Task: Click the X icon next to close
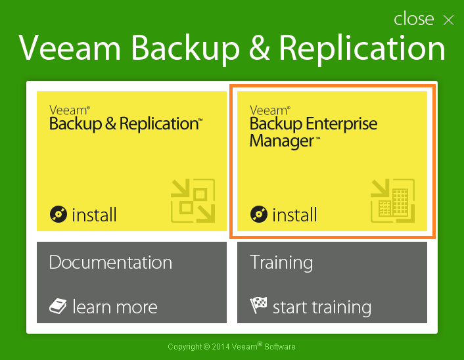448,20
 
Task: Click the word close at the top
413,18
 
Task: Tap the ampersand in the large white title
259,48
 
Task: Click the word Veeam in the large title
70,48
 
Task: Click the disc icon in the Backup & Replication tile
58,214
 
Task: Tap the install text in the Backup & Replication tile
94,214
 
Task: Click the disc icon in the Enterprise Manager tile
259,214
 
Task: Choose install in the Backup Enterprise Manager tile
294,214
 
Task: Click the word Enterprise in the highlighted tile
342,124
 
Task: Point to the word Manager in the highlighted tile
282,141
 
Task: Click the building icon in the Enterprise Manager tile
392,200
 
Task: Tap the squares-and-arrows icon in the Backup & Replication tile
193,200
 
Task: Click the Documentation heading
110,262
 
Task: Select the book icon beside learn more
58,306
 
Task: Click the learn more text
115,307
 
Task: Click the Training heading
281,263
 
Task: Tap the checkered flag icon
258,305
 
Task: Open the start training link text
322,307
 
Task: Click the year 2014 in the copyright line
221,347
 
